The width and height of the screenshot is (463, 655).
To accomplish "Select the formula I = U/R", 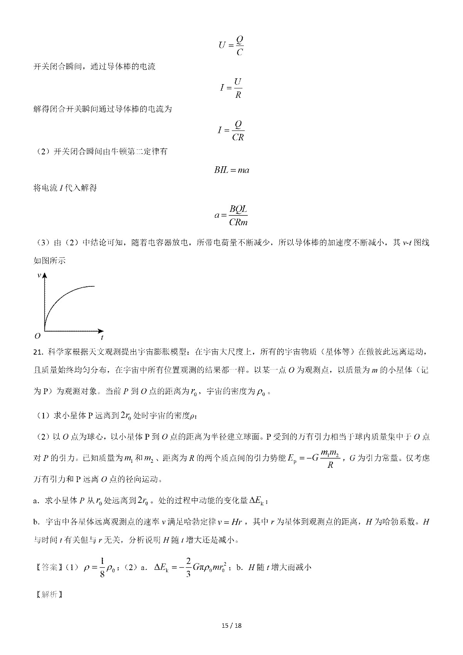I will click(231, 88).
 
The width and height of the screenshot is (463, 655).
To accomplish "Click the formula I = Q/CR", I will click(231, 130).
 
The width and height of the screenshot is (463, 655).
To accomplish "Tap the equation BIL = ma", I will click(231, 170).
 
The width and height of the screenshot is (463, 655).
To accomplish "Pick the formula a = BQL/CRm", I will click(231, 215).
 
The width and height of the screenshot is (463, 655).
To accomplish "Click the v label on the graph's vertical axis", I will click(39, 275).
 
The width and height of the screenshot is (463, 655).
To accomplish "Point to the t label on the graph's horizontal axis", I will click(102, 337).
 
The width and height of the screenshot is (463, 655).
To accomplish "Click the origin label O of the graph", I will click(37, 336).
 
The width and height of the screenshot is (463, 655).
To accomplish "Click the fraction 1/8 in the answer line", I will click(91, 567).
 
